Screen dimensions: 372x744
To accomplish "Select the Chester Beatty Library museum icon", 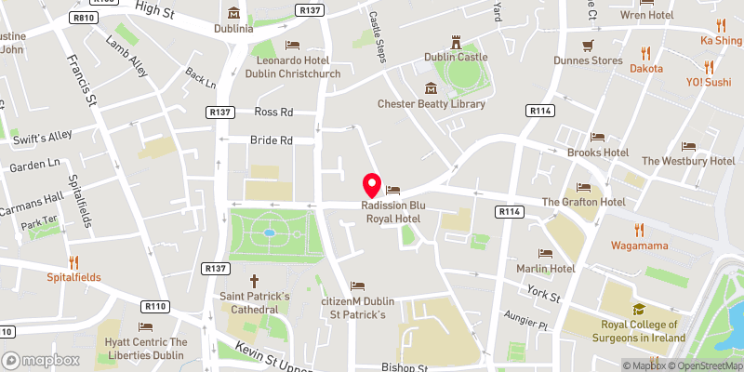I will (x=431, y=88).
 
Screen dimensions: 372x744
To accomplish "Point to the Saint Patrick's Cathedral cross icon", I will (x=255, y=280).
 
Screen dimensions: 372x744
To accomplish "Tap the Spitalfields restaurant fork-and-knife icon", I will (x=74, y=261).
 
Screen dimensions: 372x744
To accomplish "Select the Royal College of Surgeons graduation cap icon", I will (x=638, y=310).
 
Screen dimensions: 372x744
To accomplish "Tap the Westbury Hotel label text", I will (x=688, y=161).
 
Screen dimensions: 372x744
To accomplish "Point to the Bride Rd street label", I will (x=272, y=140).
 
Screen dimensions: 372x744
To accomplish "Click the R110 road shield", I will (x=154, y=306).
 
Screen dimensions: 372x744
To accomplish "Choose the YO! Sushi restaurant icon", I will (x=710, y=66).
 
